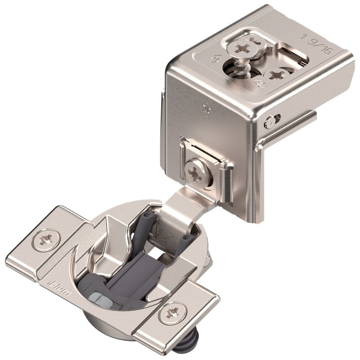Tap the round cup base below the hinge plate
pyautogui.click(x=120, y=328)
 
